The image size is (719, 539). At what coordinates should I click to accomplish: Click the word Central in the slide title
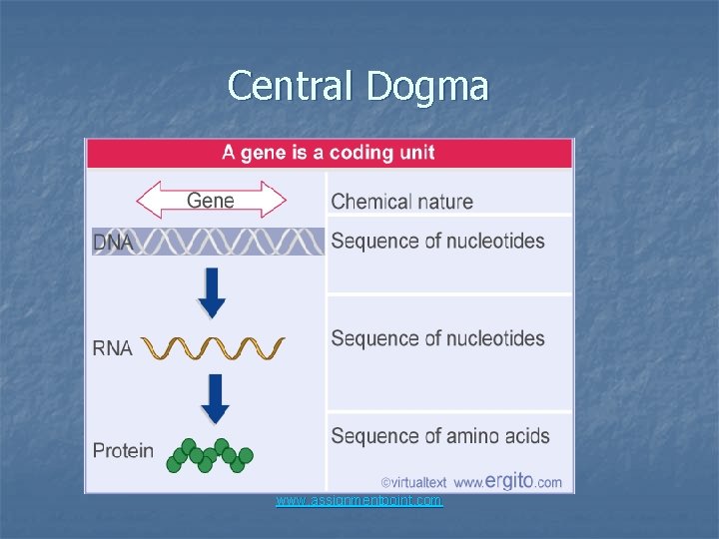pos(292,86)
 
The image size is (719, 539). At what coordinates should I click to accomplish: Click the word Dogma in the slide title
pos(427,88)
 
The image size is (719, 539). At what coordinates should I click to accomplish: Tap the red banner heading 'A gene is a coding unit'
pos(329,154)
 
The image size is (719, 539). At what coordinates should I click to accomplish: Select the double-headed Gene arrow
pos(211,200)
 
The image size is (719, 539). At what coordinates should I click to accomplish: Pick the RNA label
pos(113,348)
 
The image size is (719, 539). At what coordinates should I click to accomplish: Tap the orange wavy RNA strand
pos(213,348)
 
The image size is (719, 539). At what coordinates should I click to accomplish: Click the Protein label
pos(124,450)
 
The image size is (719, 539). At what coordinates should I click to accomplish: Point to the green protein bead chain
pos(210,455)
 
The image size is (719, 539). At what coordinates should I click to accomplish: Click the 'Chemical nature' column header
pos(401,201)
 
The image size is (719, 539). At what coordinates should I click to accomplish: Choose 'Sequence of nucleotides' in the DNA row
pos(437,241)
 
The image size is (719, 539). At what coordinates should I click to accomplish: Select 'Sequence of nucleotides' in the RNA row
pos(437,338)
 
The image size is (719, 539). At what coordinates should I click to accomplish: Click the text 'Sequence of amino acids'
pos(439,435)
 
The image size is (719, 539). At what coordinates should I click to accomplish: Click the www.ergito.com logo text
pos(507,481)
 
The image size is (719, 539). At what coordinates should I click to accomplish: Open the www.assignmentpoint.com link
pos(359,500)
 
